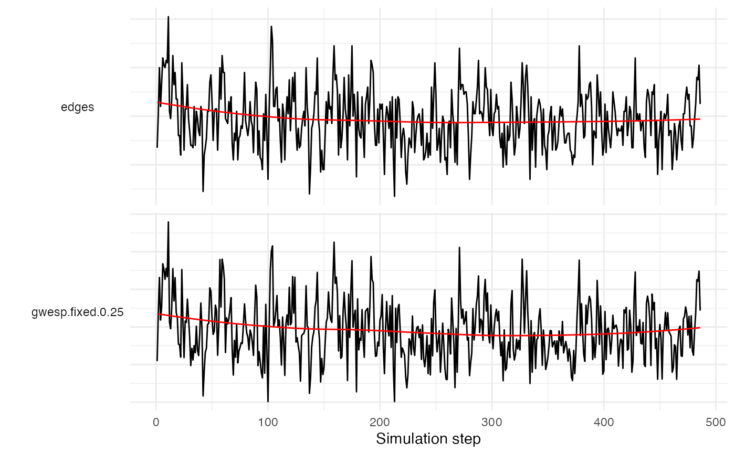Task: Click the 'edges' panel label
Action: pos(78,107)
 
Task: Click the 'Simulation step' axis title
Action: pos(428,438)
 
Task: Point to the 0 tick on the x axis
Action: pos(156,421)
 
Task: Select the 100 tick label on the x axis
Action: pos(268,421)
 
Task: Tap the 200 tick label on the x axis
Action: pos(380,421)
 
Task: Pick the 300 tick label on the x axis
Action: pos(491,421)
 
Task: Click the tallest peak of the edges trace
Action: pos(168,17)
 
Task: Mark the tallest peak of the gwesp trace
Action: pos(168,222)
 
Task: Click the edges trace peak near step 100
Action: pos(271,26)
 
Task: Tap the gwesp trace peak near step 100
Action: pos(272,246)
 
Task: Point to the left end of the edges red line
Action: pos(157,102)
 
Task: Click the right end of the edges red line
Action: pos(700,119)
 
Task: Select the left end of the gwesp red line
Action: pos(157,314)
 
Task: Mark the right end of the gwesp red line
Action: pos(700,328)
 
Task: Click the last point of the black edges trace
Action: pos(700,103)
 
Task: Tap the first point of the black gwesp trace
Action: pos(157,361)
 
